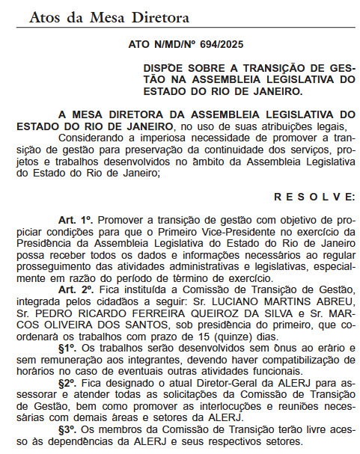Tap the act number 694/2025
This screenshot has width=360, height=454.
(x=217, y=47)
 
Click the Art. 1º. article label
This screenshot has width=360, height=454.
(x=75, y=222)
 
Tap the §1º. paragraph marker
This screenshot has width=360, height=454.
(x=70, y=348)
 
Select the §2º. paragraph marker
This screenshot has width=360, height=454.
(x=70, y=381)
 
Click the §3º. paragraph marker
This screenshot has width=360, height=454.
(x=70, y=430)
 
